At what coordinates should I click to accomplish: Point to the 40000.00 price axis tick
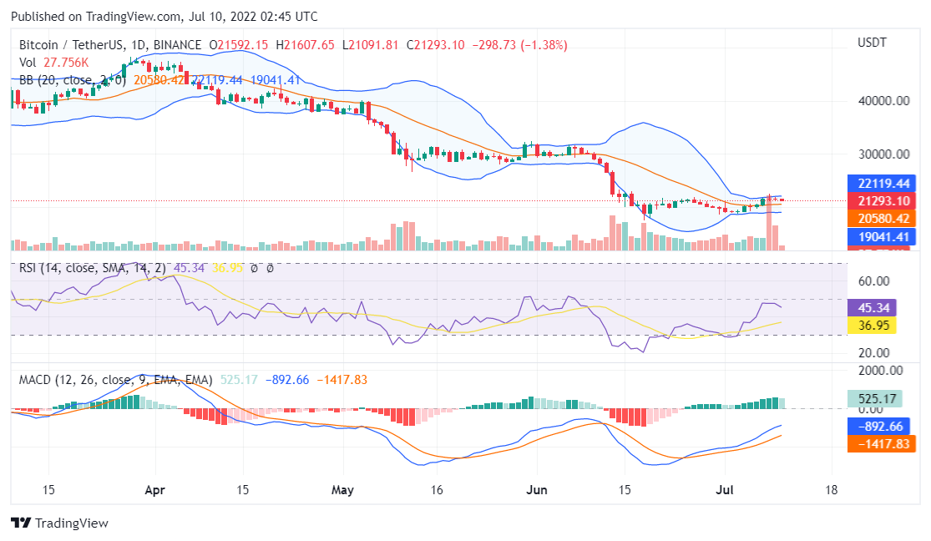(x=882, y=101)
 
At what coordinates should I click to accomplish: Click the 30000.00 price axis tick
(x=882, y=154)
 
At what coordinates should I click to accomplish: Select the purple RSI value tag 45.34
(x=871, y=306)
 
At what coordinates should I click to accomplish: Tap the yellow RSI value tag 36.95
(x=871, y=325)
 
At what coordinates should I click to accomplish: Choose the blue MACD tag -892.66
(x=880, y=425)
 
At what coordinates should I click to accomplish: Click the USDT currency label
(x=872, y=43)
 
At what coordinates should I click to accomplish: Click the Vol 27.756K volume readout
(x=54, y=63)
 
